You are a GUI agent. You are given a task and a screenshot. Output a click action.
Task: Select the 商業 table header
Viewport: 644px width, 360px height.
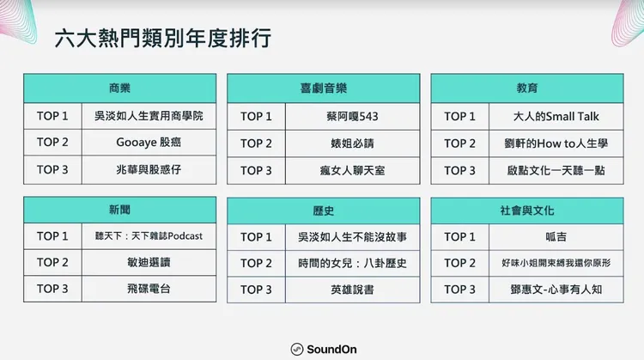pyautogui.click(x=119, y=88)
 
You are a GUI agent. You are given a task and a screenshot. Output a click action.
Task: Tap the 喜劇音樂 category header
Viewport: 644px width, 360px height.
pyautogui.click(x=323, y=88)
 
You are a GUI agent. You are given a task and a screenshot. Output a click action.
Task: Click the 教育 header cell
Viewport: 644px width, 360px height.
pyautogui.click(x=526, y=88)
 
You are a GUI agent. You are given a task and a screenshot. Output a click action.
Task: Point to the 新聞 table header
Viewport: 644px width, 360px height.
pyautogui.click(x=119, y=209)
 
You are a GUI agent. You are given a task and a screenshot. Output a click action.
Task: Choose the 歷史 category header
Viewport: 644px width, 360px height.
pyautogui.click(x=323, y=210)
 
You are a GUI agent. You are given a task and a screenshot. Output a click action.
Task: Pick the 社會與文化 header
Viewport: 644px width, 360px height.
pyautogui.click(x=526, y=210)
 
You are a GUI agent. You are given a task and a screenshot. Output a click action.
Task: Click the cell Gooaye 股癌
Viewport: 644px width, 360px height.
pyautogui.click(x=149, y=143)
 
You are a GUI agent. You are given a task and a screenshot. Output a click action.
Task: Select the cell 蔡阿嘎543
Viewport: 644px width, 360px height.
pyautogui.click(x=352, y=116)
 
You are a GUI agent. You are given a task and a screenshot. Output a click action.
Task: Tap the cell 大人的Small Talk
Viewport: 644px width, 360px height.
pyautogui.click(x=556, y=116)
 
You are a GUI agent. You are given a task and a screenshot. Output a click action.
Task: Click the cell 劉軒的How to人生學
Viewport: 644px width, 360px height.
pyautogui.click(x=556, y=143)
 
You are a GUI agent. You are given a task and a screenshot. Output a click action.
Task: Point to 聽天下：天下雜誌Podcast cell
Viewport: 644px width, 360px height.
pyautogui.click(x=149, y=235)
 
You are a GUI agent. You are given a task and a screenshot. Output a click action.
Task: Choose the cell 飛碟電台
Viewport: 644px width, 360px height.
pyautogui.click(x=149, y=289)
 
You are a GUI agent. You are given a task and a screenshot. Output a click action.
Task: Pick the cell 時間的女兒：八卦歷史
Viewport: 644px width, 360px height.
pyautogui.click(x=352, y=263)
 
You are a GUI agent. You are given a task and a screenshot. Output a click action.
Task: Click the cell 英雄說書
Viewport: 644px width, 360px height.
pyautogui.click(x=352, y=290)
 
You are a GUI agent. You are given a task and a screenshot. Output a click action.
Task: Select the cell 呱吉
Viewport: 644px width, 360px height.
pyautogui.click(x=556, y=236)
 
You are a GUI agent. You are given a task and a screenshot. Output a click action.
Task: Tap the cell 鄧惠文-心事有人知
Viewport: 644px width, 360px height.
pyautogui.click(x=556, y=290)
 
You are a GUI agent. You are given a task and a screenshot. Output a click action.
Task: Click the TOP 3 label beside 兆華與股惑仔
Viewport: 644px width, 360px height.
pyautogui.click(x=52, y=169)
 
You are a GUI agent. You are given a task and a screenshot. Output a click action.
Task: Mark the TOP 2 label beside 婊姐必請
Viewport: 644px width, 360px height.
pyautogui.click(x=256, y=143)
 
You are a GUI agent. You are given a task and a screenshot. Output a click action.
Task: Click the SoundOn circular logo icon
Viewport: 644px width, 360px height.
pyautogui.click(x=296, y=349)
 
